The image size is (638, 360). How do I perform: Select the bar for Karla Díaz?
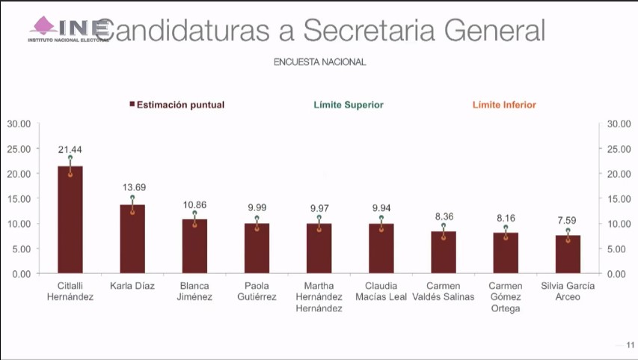132,239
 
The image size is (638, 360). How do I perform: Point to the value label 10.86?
194,204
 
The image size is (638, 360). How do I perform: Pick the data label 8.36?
444,216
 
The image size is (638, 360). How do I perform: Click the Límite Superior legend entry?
349,106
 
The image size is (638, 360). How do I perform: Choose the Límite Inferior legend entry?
504,106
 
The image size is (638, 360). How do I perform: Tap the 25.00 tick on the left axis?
19,149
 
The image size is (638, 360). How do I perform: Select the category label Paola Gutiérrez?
257,291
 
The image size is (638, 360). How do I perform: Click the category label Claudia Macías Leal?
381,291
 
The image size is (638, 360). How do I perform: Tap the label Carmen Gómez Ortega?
506,297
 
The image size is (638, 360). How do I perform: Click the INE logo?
68,28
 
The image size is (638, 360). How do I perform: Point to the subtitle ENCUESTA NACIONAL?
319,63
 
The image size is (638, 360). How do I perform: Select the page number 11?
630,345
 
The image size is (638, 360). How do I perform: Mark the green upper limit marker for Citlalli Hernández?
70,157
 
